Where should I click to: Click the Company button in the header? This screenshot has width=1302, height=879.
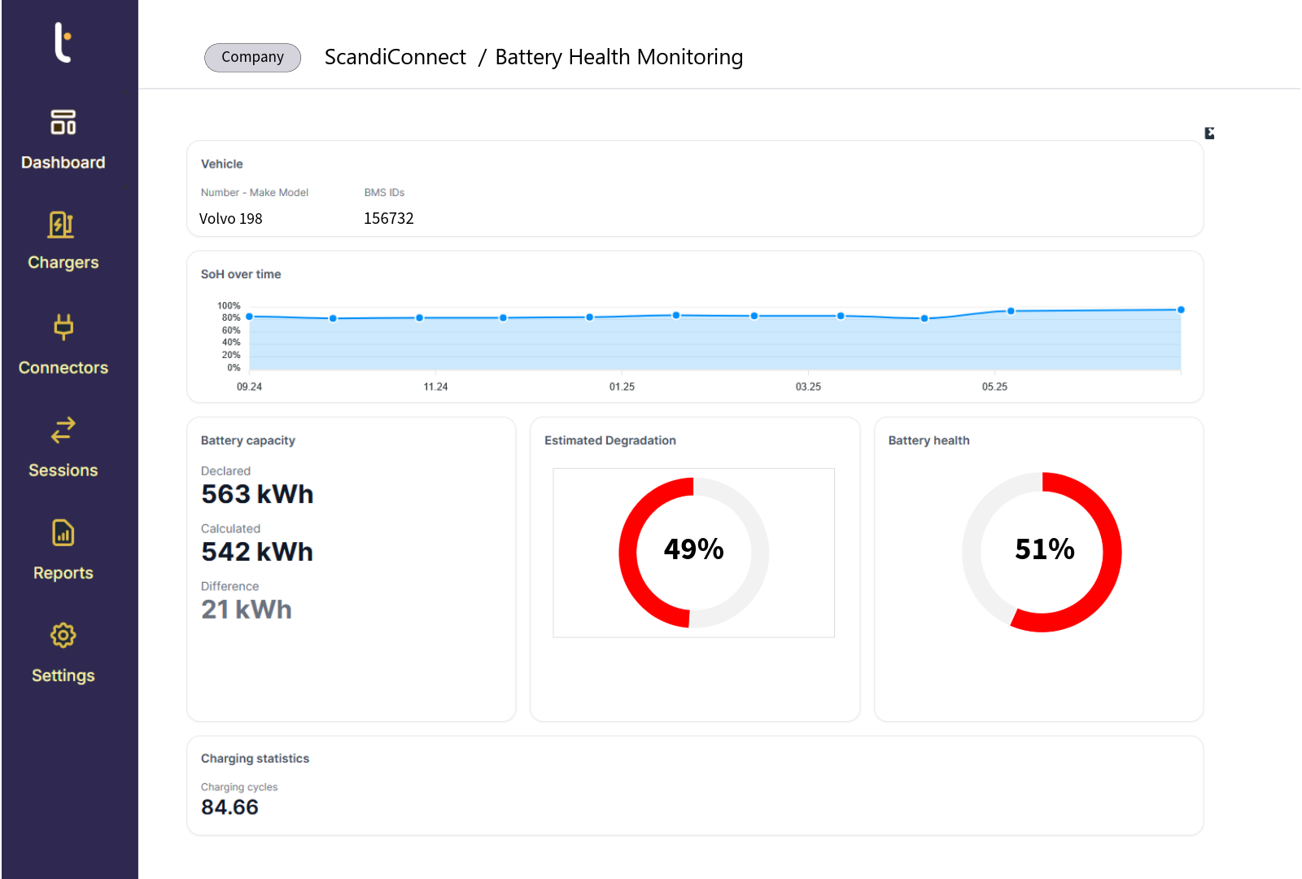(252, 57)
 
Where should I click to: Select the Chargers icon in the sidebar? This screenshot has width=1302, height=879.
(62, 225)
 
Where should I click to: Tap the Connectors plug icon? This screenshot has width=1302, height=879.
(63, 327)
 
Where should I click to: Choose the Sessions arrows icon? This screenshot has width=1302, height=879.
(63, 430)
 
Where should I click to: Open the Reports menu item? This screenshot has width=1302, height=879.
(63, 572)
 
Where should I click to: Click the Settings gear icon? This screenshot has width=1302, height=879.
(63, 635)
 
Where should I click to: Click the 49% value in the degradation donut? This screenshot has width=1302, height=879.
(693, 549)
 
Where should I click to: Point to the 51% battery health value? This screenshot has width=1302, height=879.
(1044, 549)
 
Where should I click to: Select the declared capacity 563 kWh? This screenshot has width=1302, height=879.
(257, 494)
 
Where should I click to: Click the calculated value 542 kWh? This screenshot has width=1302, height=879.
(257, 552)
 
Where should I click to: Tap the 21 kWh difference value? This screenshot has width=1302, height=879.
(246, 610)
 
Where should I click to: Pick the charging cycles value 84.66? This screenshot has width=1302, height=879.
(229, 807)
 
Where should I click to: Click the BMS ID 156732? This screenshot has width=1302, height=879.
(388, 218)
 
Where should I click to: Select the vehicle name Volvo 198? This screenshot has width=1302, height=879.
(230, 218)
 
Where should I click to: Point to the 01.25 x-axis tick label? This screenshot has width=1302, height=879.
(622, 387)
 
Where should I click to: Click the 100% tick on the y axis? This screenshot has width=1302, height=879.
(229, 306)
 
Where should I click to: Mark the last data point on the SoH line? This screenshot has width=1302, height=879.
(1181, 310)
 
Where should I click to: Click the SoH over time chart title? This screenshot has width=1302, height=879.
(241, 274)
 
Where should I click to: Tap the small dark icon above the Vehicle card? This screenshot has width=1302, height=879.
(1209, 133)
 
